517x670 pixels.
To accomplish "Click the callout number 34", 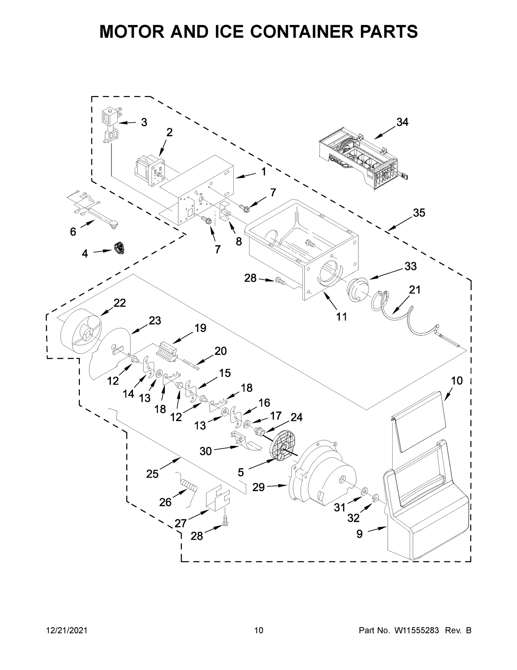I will (402, 122).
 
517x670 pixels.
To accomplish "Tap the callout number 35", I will (419, 213).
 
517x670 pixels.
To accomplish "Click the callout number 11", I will (341, 317).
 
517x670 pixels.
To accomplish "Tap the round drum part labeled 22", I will (81, 336).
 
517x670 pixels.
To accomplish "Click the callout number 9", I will (359, 534).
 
